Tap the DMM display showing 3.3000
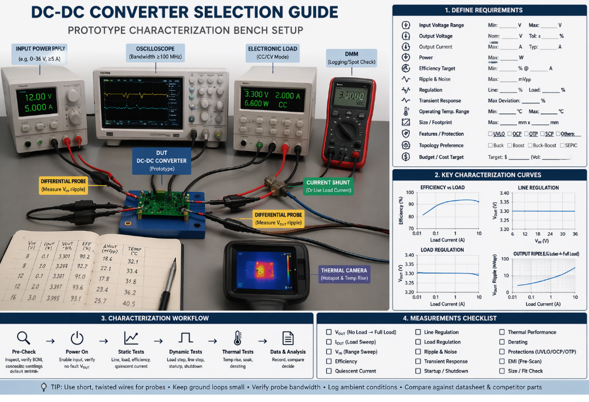(x=350, y=97)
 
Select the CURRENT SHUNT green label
(x=328, y=186)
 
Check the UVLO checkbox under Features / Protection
(x=490, y=134)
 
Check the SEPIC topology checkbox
(x=561, y=145)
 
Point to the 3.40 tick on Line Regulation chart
(x=504, y=193)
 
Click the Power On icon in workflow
(x=77, y=338)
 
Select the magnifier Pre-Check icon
(x=23, y=338)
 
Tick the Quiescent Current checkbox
(x=329, y=371)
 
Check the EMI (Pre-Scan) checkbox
(x=502, y=361)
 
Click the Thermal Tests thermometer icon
(x=238, y=338)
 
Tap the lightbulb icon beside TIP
(x=44, y=387)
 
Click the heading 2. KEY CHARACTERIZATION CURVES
(x=488, y=175)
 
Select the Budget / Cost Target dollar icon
(x=406, y=157)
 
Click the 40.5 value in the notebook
(x=131, y=303)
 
